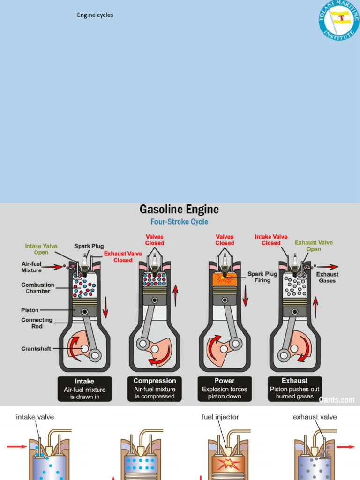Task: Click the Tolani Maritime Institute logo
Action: pos(339,20)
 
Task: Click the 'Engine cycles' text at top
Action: pos(95,15)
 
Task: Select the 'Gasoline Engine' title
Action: pos(179,209)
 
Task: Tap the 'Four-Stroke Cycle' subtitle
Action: pos(179,222)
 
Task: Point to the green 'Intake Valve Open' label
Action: pos(41,249)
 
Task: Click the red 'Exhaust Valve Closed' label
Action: pos(123,257)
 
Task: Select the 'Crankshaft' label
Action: pos(36,349)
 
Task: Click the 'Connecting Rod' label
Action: pos(37,323)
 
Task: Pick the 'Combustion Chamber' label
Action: pos(37,288)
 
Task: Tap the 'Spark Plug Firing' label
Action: pos(262,277)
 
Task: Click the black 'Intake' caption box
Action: pos(85,389)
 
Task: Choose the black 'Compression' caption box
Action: pos(155,389)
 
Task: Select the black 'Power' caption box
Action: pos(225,389)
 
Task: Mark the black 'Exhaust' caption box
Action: pos(295,389)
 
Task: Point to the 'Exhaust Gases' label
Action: pos(327,277)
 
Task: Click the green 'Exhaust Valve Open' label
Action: pos(314,246)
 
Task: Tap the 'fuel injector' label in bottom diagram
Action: pos(220,417)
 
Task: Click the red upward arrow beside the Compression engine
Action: pos(176,296)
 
